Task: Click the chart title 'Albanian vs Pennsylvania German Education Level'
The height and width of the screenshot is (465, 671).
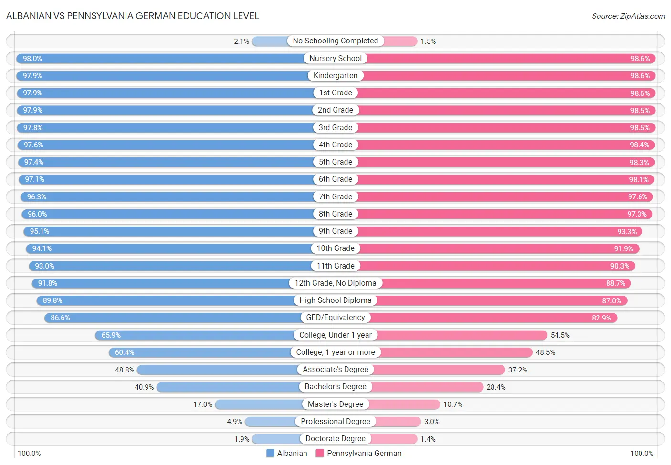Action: coord(133,16)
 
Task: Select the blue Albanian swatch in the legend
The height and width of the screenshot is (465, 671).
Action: coord(271,453)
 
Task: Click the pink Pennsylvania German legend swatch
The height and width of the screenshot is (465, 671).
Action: coord(320,453)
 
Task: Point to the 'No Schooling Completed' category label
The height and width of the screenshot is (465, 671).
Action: coord(335,41)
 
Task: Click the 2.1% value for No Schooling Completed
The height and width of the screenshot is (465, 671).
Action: coord(241,41)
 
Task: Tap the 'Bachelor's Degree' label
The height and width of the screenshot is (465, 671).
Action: coord(335,387)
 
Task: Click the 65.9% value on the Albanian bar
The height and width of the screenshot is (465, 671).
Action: coord(111,335)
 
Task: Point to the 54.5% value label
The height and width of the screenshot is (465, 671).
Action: coord(560,335)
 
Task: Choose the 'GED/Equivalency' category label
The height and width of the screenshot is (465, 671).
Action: coord(335,318)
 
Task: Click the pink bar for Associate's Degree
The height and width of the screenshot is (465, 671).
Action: coord(439,370)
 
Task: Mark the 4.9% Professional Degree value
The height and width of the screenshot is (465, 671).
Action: coord(234,422)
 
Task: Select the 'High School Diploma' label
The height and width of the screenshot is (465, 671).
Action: coord(335,300)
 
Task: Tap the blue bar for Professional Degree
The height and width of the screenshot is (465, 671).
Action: coord(270,422)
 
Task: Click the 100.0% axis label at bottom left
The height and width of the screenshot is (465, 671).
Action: coord(29,454)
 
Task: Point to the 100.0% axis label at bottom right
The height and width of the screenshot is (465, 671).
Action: coord(642,454)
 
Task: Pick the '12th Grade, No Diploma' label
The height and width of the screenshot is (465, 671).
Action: coord(335,283)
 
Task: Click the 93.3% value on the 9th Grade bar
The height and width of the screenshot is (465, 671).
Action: coord(627,232)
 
